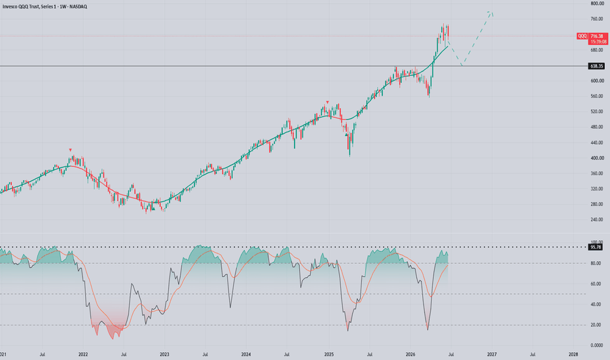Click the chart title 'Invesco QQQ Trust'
(21, 7)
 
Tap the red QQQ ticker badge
(582, 36)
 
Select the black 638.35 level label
(597, 66)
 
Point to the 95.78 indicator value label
(596, 247)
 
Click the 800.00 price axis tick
(597, 3)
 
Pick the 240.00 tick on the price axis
(597, 219)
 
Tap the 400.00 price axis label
(597, 158)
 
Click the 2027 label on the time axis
(492, 355)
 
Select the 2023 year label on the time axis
(164, 355)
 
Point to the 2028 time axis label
(573, 355)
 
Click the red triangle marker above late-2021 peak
(71, 150)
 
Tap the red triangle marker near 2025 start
(327, 102)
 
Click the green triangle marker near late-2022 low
(153, 209)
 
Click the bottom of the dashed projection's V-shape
(462, 65)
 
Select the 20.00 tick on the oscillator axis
(596, 325)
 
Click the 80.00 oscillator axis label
(596, 264)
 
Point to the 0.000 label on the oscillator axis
(597, 345)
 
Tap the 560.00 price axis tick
(597, 96)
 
